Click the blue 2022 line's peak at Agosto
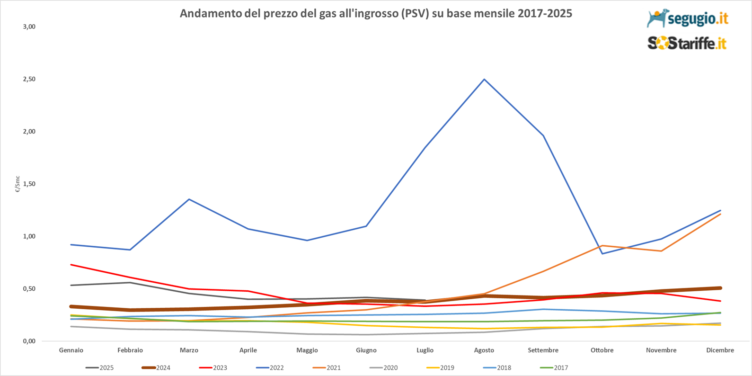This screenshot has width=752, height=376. click(484, 79)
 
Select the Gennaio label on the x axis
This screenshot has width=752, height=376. click(71, 350)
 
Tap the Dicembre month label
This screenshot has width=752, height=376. click(720, 350)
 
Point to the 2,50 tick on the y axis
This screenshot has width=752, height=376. click(29, 79)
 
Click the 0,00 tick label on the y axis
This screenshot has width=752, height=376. click(29, 341)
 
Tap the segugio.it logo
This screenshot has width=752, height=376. click(687, 18)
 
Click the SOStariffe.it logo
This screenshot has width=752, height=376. click(687, 44)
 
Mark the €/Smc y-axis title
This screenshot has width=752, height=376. click(18, 184)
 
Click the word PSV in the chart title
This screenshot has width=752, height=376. click(415, 13)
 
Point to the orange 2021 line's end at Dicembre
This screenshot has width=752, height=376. click(720, 214)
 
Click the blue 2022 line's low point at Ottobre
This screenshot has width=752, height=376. click(602, 253)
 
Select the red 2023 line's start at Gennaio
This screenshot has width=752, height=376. click(71, 265)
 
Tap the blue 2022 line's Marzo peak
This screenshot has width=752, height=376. click(189, 199)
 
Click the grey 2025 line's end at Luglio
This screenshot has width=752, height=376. click(425, 300)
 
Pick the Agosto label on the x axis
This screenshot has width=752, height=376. click(484, 350)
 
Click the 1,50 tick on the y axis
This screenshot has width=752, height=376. click(29, 184)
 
